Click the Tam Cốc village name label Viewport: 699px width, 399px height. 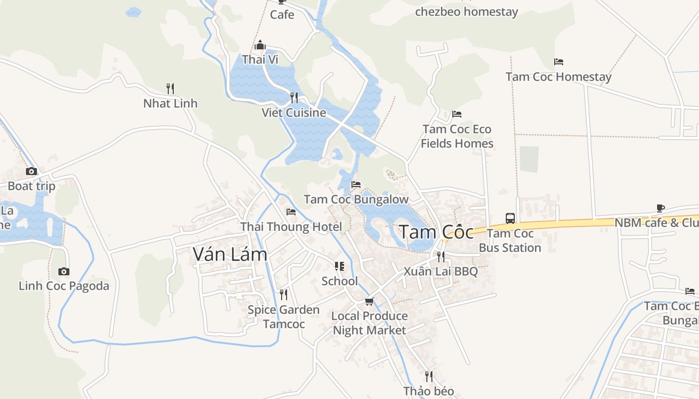pyautogui.click(x=436, y=232)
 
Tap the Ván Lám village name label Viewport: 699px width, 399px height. pyautogui.click(x=230, y=254)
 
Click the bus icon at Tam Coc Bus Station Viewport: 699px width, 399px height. pyautogui.click(x=510, y=218)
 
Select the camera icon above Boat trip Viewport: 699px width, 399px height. pyautogui.click(x=31, y=172)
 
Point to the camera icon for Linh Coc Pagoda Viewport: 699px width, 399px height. pyautogui.click(x=63, y=272)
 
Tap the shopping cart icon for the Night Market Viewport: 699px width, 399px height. pyautogui.click(x=369, y=301)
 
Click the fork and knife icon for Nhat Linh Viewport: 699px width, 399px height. pyautogui.click(x=170, y=89)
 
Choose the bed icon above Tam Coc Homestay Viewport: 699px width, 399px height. pyautogui.click(x=558, y=62)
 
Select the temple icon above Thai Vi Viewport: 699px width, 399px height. pyautogui.click(x=260, y=45)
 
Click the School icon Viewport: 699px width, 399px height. pyautogui.click(x=340, y=266)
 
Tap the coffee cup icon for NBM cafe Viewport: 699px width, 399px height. pyautogui.click(x=660, y=208)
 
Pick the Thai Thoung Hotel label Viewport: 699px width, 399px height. pyautogui.click(x=291, y=227)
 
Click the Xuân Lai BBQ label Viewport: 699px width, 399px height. pyautogui.click(x=440, y=271)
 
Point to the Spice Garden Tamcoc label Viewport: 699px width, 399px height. pyautogui.click(x=284, y=317)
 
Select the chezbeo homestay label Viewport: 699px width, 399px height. pyautogui.click(x=466, y=11)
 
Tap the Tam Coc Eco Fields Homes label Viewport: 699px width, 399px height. pyautogui.click(x=457, y=136)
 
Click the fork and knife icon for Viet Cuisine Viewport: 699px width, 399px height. pyautogui.click(x=294, y=97)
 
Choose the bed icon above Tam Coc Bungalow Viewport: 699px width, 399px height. pyautogui.click(x=355, y=185)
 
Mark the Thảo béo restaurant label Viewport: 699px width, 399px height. pyautogui.click(x=428, y=391)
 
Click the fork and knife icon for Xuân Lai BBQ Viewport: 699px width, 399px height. pyautogui.click(x=440, y=256)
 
